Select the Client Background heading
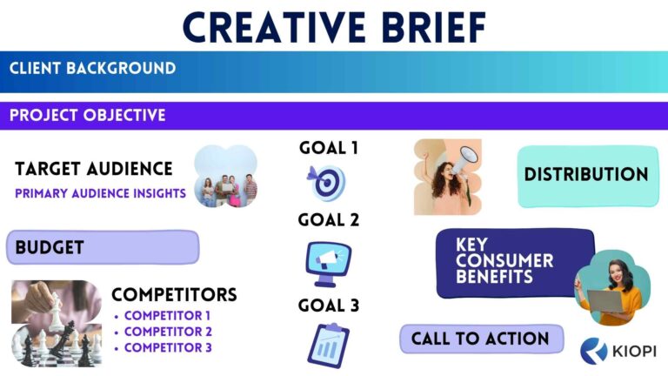click(92, 68)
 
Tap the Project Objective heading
click(87, 115)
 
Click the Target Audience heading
click(94, 168)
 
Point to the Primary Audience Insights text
click(101, 193)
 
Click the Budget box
click(103, 247)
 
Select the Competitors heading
click(174, 295)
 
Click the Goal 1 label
click(329, 148)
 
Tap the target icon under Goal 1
click(327, 182)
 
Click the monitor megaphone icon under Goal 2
click(329, 262)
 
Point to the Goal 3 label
click(329, 306)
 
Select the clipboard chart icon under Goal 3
click(328, 345)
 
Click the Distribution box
click(585, 175)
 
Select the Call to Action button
click(480, 339)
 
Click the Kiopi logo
click(617, 350)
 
